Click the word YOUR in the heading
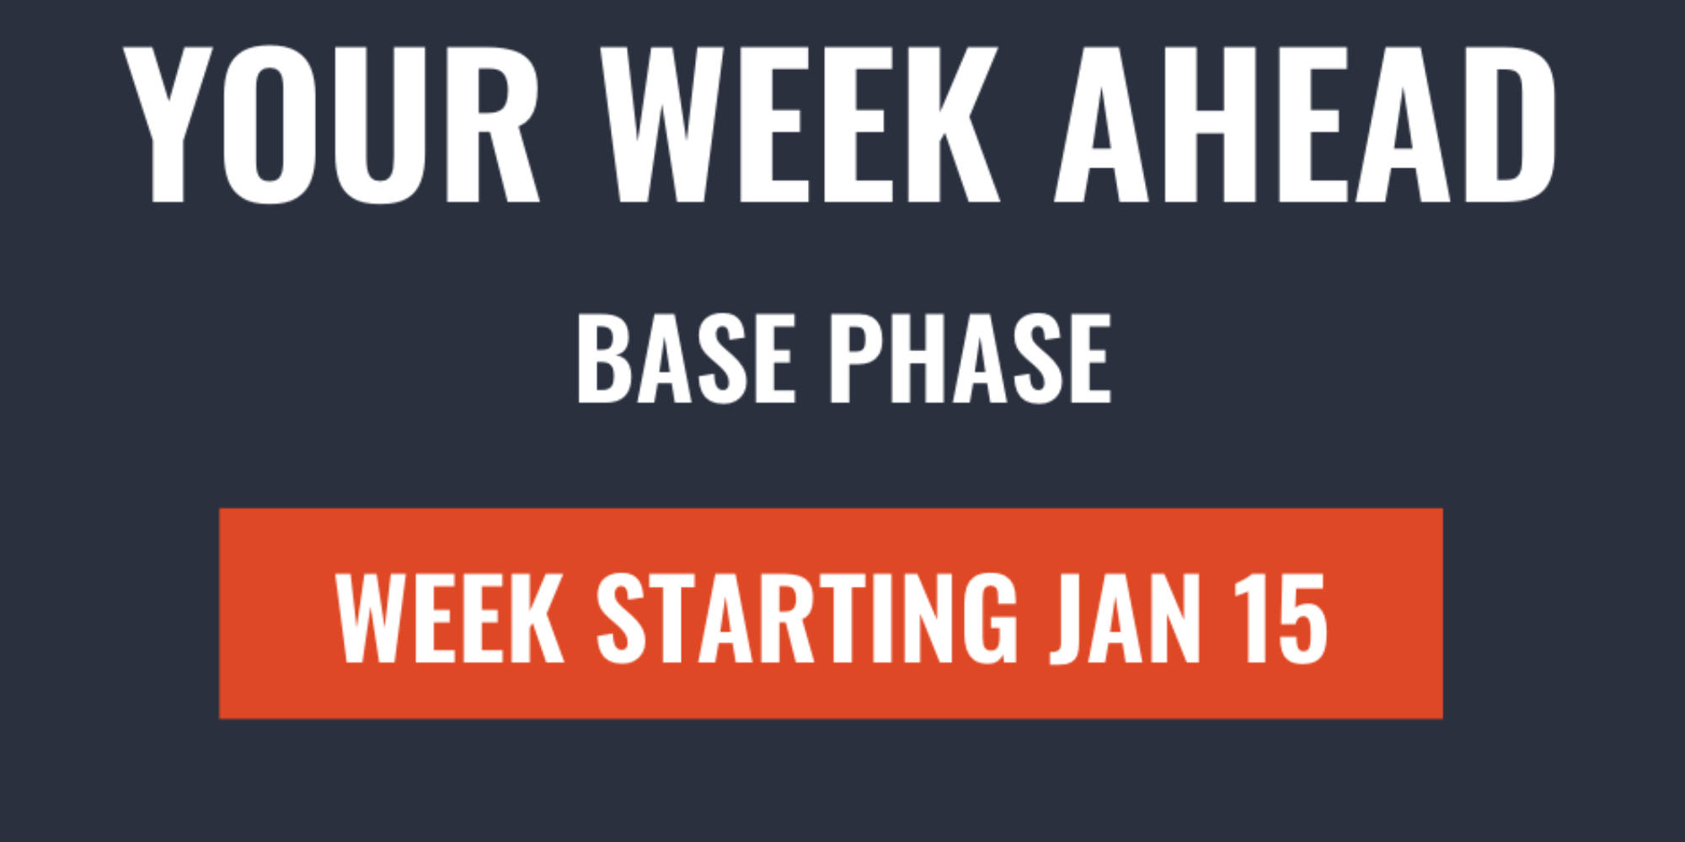(331, 125)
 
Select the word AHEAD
(1305, 125)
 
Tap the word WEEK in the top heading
(800, 125)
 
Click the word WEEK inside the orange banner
(450, 619)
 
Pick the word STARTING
(807, 619)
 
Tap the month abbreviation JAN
(1125, 619)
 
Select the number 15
(1281, 619)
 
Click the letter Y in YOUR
(168, 125)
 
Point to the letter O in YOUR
(270, 125)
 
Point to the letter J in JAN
(1066, 620)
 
